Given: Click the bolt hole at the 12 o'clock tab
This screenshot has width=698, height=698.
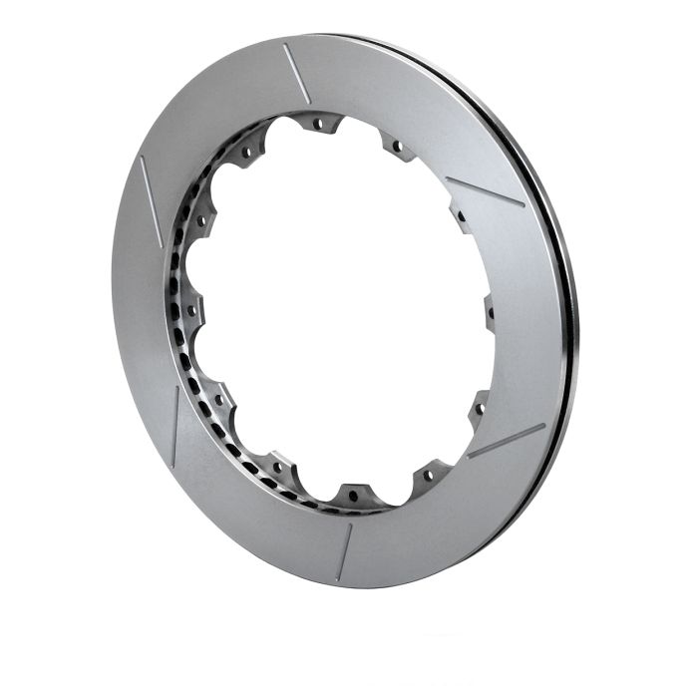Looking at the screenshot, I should point(319,125).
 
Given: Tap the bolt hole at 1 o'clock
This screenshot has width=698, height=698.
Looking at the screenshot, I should point(397,147).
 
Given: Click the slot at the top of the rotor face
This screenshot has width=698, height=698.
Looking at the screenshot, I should point(296,73).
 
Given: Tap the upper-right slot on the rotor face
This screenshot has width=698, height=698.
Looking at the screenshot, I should point(485,191).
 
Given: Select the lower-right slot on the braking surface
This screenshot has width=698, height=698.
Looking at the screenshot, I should point(506,441).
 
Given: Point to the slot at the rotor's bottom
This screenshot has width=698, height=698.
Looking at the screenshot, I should point(345,551).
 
